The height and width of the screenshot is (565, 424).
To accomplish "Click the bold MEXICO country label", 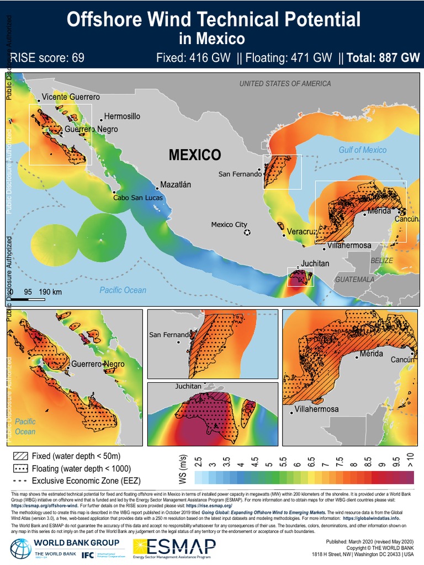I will (195, 155).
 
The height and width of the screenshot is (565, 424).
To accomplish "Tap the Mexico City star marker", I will (247, 232).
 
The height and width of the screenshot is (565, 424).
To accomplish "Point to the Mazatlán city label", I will (175, 185).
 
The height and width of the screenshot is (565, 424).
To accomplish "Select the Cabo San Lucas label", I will (137, 197).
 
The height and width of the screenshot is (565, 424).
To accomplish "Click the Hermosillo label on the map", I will (122, 116).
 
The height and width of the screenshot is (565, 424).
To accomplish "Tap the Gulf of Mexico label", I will (362, 150).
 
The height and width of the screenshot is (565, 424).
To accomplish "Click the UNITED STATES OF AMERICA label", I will (285, 83).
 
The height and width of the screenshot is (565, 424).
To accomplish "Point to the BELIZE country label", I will (382, 260).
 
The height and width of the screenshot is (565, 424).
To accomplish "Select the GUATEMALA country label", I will (355, 280).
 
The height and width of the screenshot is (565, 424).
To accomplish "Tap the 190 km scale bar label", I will (50, 291).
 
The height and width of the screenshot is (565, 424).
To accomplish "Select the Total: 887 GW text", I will (383, 58).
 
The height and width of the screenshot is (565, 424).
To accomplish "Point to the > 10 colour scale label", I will (410, 459).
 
